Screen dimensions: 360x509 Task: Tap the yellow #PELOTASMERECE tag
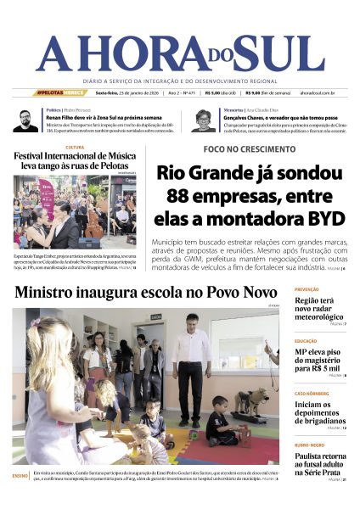coord(60,92)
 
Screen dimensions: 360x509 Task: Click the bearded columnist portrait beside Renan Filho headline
coord(25,121)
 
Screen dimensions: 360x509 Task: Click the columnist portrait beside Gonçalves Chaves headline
coord(203,121)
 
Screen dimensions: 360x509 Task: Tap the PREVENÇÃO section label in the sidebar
coord(307,289)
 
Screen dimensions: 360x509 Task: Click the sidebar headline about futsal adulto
coord(321,465)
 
